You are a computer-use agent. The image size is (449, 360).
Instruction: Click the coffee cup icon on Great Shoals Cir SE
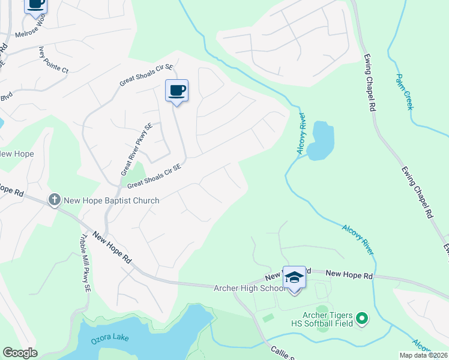point(176,91)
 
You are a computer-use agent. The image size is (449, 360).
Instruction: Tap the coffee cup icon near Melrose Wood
point(36,4)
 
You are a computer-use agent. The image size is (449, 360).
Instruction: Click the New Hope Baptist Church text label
point(111,200)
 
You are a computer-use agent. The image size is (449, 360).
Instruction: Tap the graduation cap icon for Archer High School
point(294,277)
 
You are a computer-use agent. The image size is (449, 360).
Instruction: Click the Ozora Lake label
point(110,343)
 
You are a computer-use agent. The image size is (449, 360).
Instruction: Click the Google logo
point(19,353)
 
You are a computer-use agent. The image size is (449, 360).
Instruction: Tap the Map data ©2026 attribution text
point(423,355)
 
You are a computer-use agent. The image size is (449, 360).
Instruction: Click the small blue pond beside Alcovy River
point(320,142)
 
